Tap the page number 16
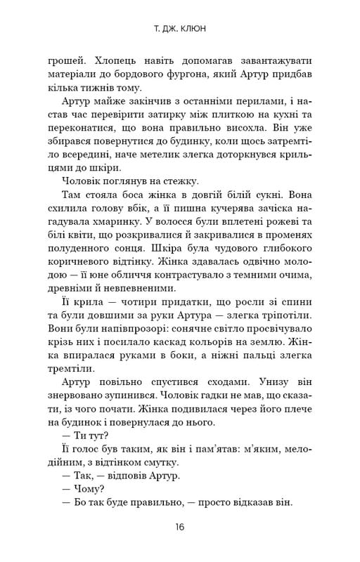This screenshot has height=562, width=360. point(179,528)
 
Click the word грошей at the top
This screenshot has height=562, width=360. point(60,61)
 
